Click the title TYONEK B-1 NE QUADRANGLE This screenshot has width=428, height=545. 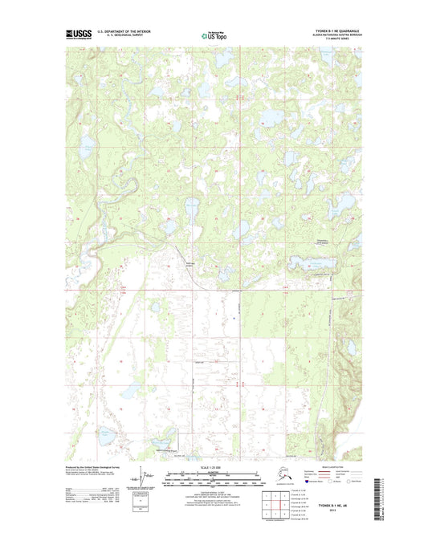coord(333,31)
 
